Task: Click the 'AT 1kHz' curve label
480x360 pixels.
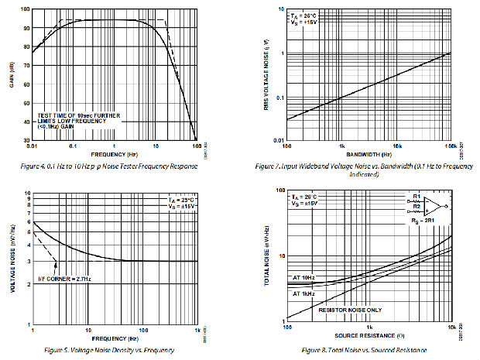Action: (x=303, y=295)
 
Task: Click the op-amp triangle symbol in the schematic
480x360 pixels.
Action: (x=437, y=207)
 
